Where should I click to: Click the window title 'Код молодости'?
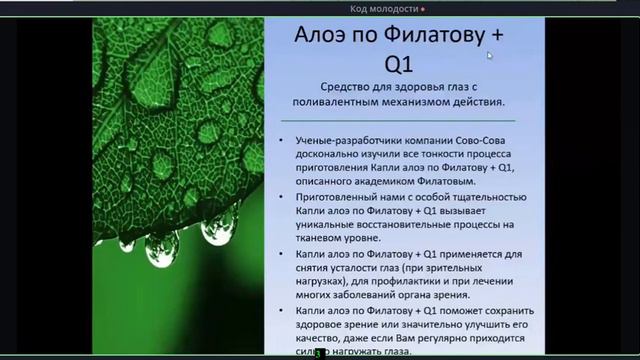click(385, 8)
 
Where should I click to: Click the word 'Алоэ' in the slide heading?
click(321, 37)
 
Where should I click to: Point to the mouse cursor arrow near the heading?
click(489, 56)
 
